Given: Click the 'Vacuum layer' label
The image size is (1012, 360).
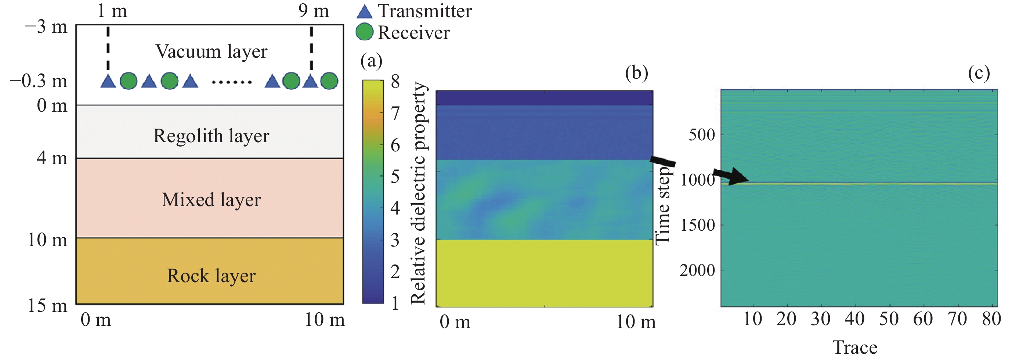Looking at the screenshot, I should pyautogui.click(x=212, y=51).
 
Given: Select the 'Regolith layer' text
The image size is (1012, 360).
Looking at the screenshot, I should pyautogui.click(x=211, y=136).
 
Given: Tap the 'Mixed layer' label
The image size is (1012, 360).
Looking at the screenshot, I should pyautogui.click(x=211, y=199).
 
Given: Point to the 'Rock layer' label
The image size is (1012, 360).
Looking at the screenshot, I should pyautogui.click(x=211, y=276).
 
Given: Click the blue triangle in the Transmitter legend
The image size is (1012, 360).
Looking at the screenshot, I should pyautogui.click(x=364, y=12).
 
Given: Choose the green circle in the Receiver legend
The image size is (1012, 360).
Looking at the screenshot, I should pyautogui.click(x=364, y=32).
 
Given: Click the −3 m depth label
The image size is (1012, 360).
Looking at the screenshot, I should pyautogui.click(x=46, y=27).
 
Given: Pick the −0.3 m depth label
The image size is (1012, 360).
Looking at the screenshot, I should pyautogui.click(x=39, y=81).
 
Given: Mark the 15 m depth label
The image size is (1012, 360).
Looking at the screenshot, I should pyautogui.click(x=47, y=306).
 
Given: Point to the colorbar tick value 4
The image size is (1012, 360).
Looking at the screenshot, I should pyautogui.click(x=395, y=208).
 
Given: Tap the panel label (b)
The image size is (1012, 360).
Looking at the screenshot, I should pyautogui.click(x=636, y=73).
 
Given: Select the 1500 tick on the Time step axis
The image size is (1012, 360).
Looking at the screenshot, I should pyautogui.click(x=697, y=225).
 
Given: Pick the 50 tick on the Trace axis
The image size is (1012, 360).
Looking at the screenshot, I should pyautogui.click(x=889, y=319).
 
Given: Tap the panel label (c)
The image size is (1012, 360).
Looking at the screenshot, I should pyautogui.click(x=979, y=73).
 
